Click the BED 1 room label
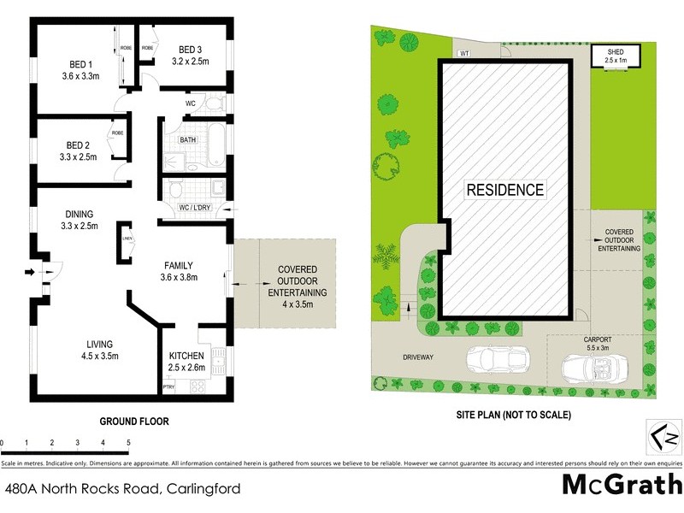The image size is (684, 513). point(81,63)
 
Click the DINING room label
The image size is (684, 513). point(79,214)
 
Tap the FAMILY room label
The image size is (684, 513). point(179,265)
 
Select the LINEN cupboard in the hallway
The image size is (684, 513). point(127,239)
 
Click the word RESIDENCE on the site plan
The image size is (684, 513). point(504,190)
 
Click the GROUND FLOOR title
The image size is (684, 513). point(134,422)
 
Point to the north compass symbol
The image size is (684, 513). point(662,437)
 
